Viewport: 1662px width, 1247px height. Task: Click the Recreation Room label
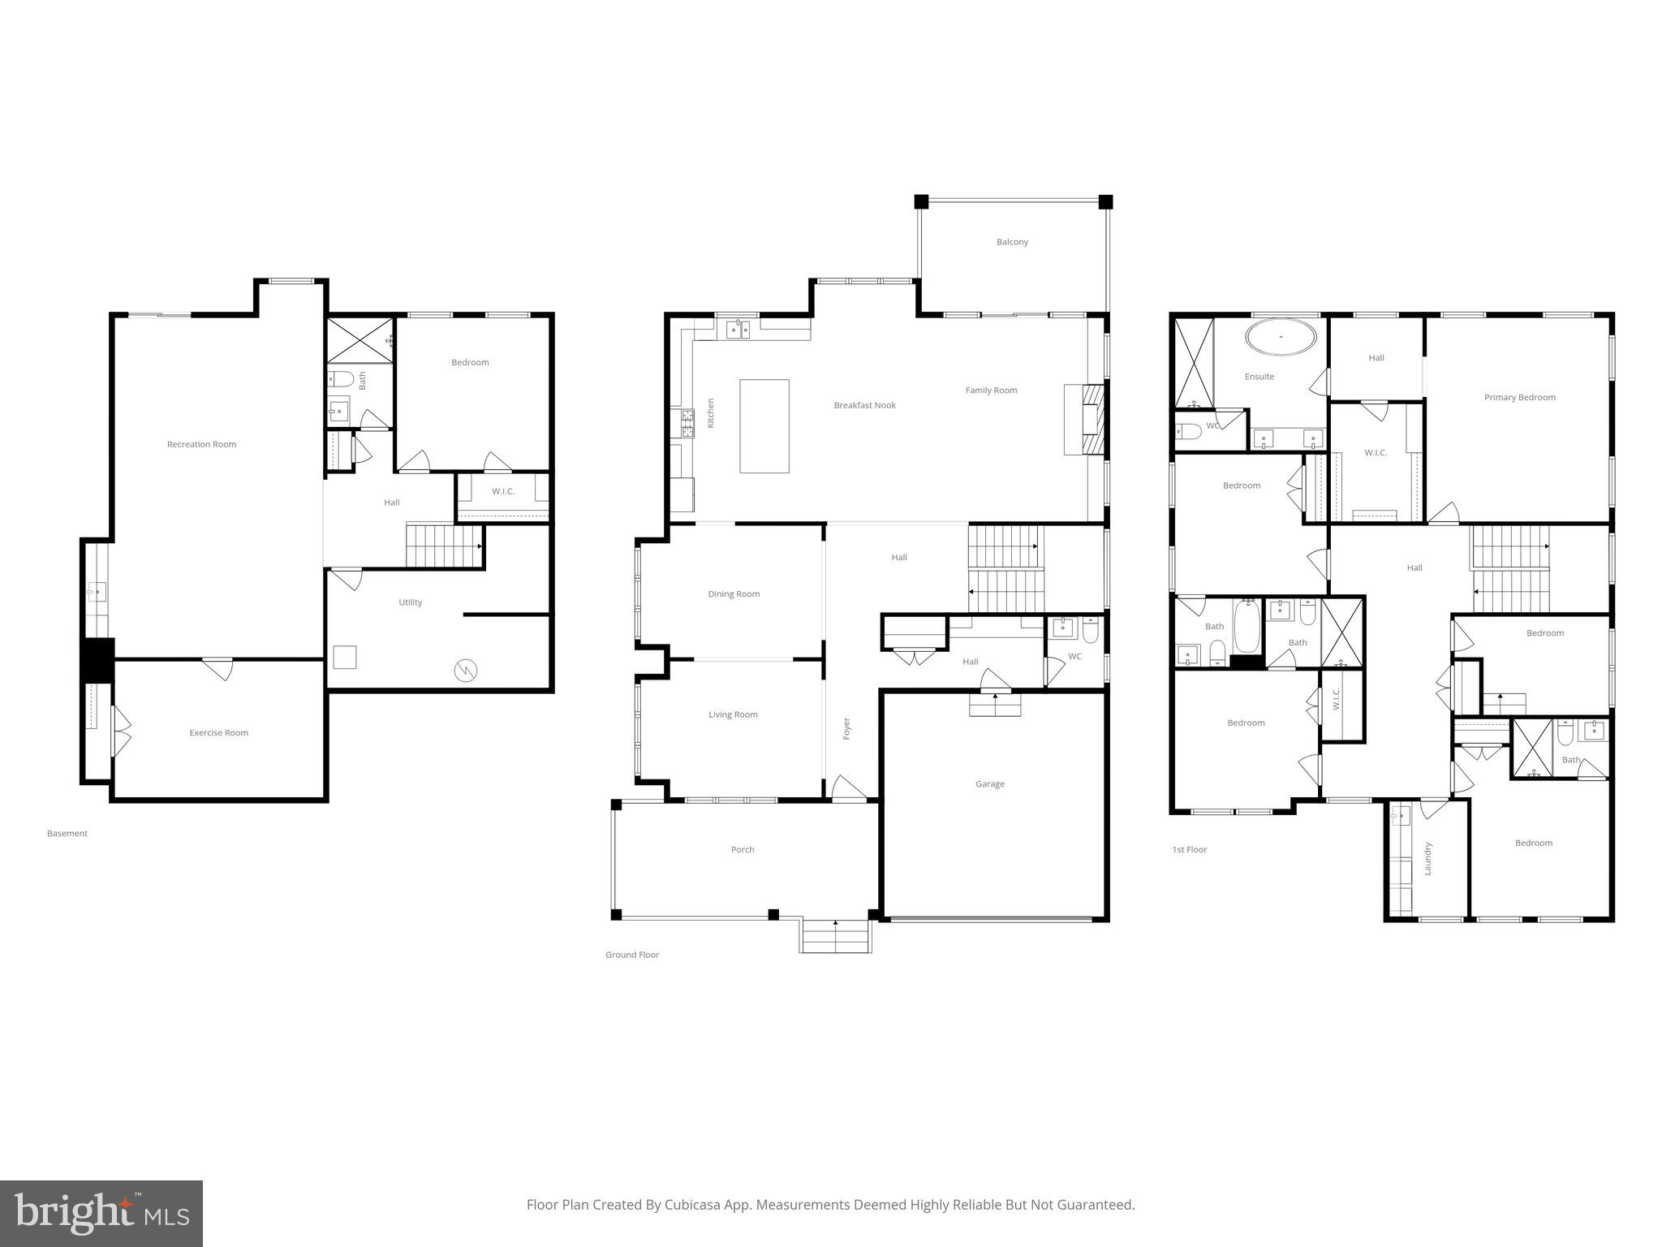[x=201, y=444]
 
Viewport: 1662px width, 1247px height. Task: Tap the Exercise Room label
[x=218, y=732]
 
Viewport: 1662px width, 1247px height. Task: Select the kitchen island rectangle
[x=764, y=425]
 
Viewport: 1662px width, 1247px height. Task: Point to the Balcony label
[x=1012, y=242]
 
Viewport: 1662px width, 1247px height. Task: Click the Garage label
[x=989, y=783]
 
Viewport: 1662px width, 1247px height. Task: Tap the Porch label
[x=742, y=849]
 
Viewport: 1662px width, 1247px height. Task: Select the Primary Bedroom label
[x=1519, y=397]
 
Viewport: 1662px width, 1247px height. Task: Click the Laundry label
[x=1427, y=858]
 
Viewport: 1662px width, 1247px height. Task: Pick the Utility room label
[x=410, y=602]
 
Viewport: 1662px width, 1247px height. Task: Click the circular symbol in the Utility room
[x=466, y=671]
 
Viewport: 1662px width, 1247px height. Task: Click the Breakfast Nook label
[x=864, y=405]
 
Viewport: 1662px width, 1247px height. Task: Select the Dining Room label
[x=734, y=593]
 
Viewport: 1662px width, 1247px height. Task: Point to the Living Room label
[x=733, y=714]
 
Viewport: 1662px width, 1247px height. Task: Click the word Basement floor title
[x=67, y=833]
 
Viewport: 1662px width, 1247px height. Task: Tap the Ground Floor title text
[x=631, y=954]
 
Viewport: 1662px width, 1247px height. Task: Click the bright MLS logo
[x=101, y=1214]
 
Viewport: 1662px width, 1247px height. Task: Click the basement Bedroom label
[x=470, y=362]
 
